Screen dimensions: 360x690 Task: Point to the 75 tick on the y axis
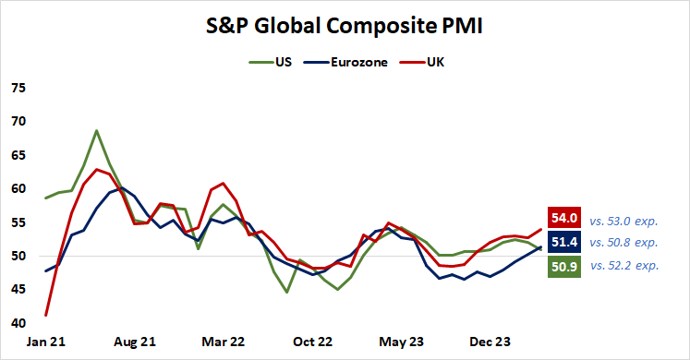point(18,89)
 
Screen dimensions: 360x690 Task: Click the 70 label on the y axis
point(18,122)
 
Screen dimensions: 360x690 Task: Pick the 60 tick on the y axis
point(18,189)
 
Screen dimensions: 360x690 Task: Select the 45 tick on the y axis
point(18,290)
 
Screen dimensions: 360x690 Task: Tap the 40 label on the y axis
point(18,323)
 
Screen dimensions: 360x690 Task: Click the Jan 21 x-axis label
point(47,341)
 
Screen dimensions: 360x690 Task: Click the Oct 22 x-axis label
point(314,341)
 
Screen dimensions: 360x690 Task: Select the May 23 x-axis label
point(402,341)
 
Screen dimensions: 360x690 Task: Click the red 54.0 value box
point(564,218)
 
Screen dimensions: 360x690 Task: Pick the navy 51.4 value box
point(564,242)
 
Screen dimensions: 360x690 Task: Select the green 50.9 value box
point(564,266)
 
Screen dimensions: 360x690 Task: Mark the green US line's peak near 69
point(96,131)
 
